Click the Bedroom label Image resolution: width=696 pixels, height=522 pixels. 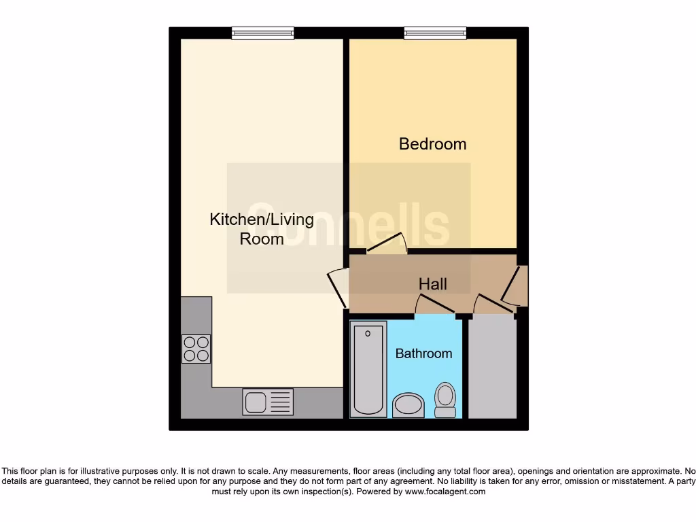432,144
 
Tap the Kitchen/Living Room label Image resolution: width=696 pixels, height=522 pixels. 262,229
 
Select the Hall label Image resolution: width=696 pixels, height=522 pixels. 433,283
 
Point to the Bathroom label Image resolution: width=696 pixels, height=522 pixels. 423,353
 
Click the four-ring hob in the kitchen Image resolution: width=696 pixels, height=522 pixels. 196,349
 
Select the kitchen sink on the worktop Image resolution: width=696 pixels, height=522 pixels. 268,402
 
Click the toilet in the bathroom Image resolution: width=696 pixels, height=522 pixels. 445,400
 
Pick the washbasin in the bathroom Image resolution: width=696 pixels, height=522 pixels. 408,405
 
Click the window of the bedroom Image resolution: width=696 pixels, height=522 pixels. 435,33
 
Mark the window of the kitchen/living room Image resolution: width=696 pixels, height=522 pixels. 262,33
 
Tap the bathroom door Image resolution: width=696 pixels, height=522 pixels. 436,307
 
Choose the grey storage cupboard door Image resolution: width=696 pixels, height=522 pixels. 493,305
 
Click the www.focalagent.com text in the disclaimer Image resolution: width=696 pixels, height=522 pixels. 445,491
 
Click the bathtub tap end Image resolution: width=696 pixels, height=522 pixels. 368,333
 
